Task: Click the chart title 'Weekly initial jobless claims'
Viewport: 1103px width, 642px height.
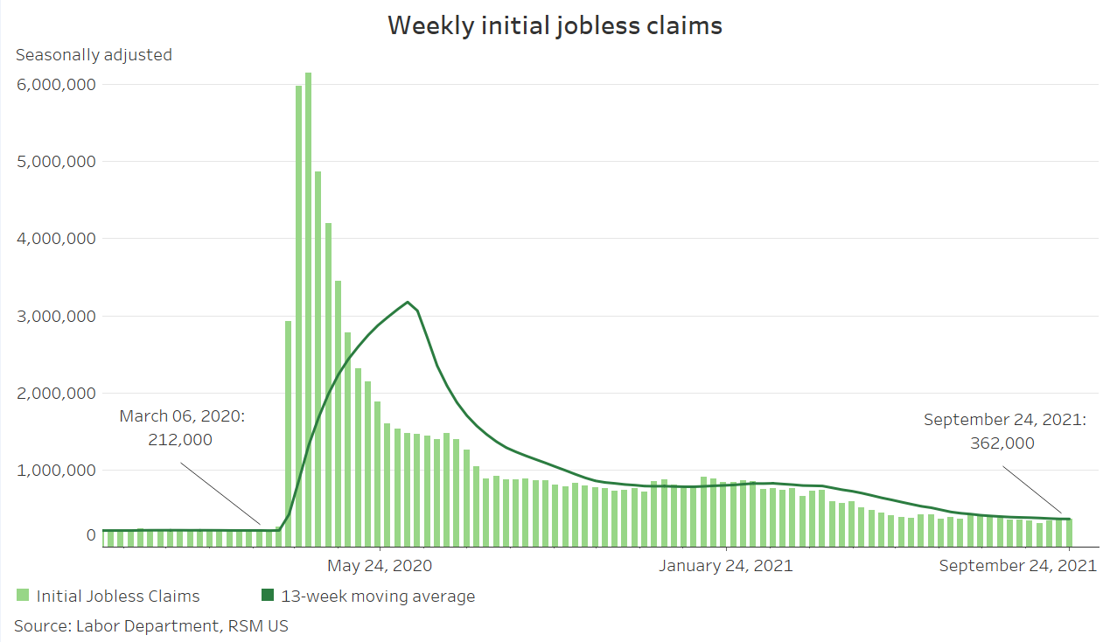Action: point(555,25)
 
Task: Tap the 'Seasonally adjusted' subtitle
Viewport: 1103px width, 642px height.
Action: point(94,55)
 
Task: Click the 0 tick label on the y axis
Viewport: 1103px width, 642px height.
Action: point(91,534)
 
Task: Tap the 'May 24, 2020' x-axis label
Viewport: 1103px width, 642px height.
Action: point(380,566)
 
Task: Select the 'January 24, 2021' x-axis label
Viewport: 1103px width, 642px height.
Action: point(725,566)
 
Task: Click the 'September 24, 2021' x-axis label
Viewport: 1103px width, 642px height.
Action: point(1017,566)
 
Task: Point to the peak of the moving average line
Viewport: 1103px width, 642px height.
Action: point(408,303)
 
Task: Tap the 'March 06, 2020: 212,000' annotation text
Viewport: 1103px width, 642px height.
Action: point(182,429)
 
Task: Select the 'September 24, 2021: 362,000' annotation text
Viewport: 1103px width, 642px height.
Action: point(1004,432)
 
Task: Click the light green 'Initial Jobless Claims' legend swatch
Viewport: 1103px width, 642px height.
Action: point(23,596)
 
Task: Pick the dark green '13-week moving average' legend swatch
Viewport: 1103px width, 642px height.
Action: point(268,596)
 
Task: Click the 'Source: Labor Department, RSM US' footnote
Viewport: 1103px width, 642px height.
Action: point(150,625)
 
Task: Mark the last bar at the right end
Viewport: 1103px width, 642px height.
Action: point(1068,533)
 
